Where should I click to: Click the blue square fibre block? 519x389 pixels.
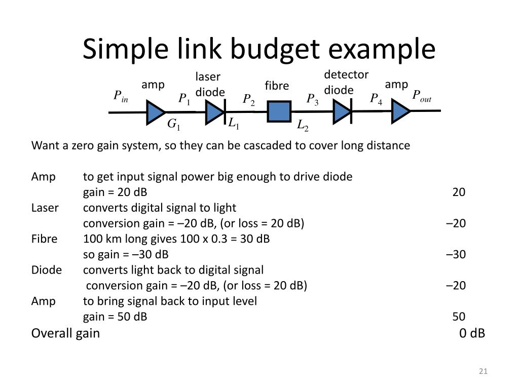click(x=279, y=111)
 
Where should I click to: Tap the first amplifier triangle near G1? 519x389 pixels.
click(x=155, y=112)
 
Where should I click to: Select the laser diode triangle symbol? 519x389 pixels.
click(x=214, y=112)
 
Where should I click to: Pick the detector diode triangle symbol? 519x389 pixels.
click(x=341, y=112)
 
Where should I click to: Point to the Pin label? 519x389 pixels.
click(x=121, y=96)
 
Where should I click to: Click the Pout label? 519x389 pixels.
click(x=421, y=96)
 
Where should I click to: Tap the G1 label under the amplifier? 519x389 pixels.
click(x=174, y=125)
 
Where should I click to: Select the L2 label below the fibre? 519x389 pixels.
click(x=303, y=125)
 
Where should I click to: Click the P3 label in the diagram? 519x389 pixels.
click(x=312, y=99)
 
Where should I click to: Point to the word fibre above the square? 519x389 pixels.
click(x=277, y=86)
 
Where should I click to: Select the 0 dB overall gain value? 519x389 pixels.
click(x=472, y=333)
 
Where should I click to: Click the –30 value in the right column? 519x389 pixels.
click(x=456, y=254)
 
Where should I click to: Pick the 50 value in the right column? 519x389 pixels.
click(x=459, y=317)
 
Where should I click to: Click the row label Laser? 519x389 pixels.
click(x=45, y=208)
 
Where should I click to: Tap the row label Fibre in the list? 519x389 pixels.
click(x=44, y=239)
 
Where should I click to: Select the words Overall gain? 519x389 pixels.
click(x=65, y=333)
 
